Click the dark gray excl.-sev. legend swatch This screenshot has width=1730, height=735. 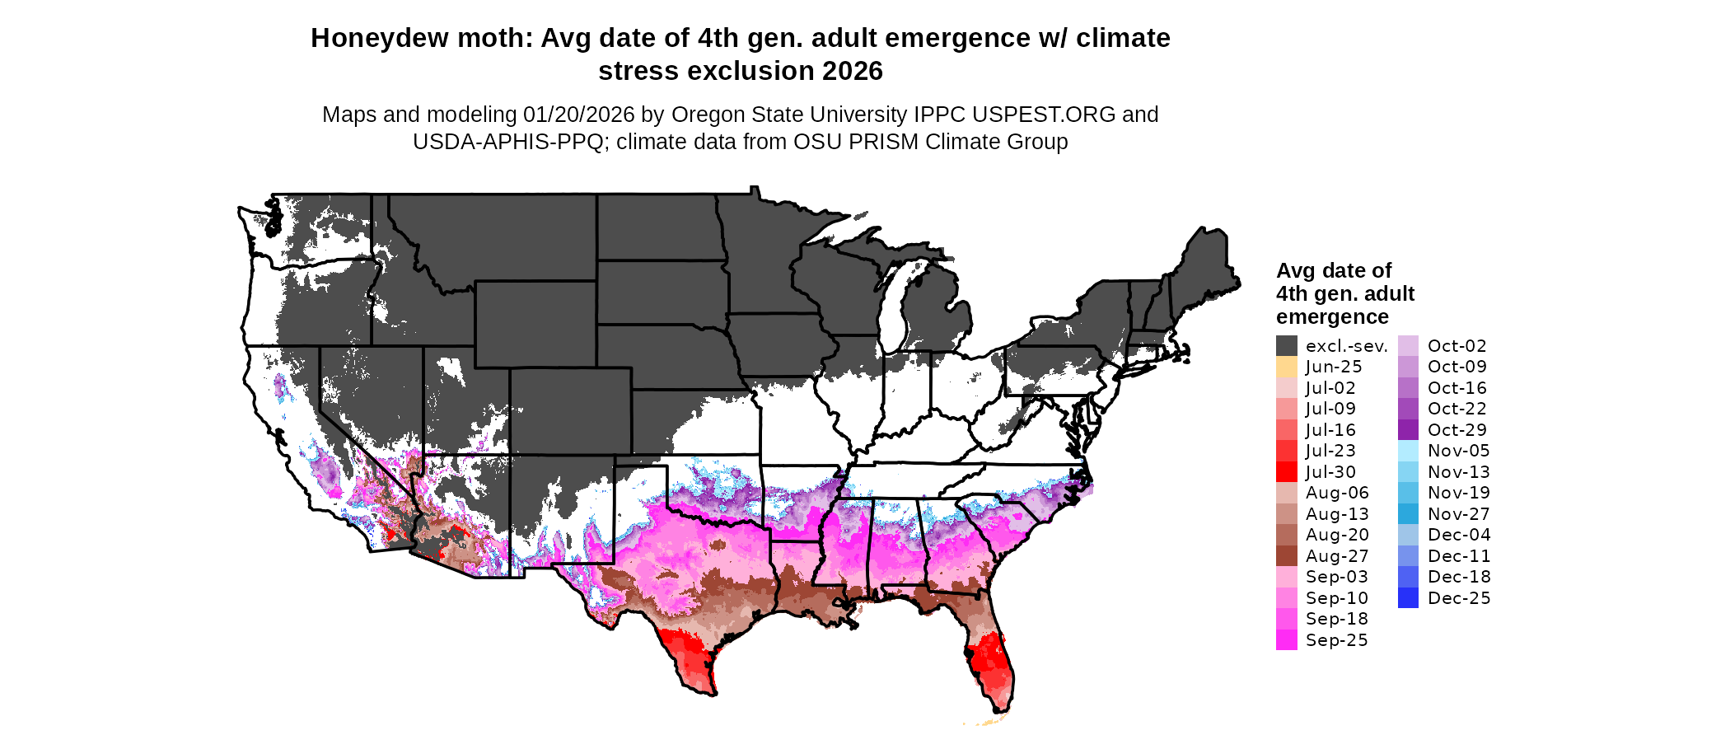(x=1286, y=346)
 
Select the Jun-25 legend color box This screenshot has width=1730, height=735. (x=1286, y=367)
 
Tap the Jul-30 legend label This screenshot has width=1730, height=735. (x=1330, y=472)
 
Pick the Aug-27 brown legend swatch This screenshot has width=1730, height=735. (x=1286, y=556)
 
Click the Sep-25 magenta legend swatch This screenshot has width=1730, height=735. (x=1286, y=640)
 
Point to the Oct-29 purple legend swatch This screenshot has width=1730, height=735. (x=1408, y=430)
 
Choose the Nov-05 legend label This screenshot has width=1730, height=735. (x=1458, y=451)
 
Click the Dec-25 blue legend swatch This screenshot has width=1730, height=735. (x=1408, y=598)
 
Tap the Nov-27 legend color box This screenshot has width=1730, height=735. (x=1408, y=514)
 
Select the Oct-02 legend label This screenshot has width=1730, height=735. (x=1456, y=346)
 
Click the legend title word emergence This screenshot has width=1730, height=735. (x=1332, y=317)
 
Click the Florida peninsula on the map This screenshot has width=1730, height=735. (x=992, y=659)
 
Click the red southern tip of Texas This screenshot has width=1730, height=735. (x=692, y=659)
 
